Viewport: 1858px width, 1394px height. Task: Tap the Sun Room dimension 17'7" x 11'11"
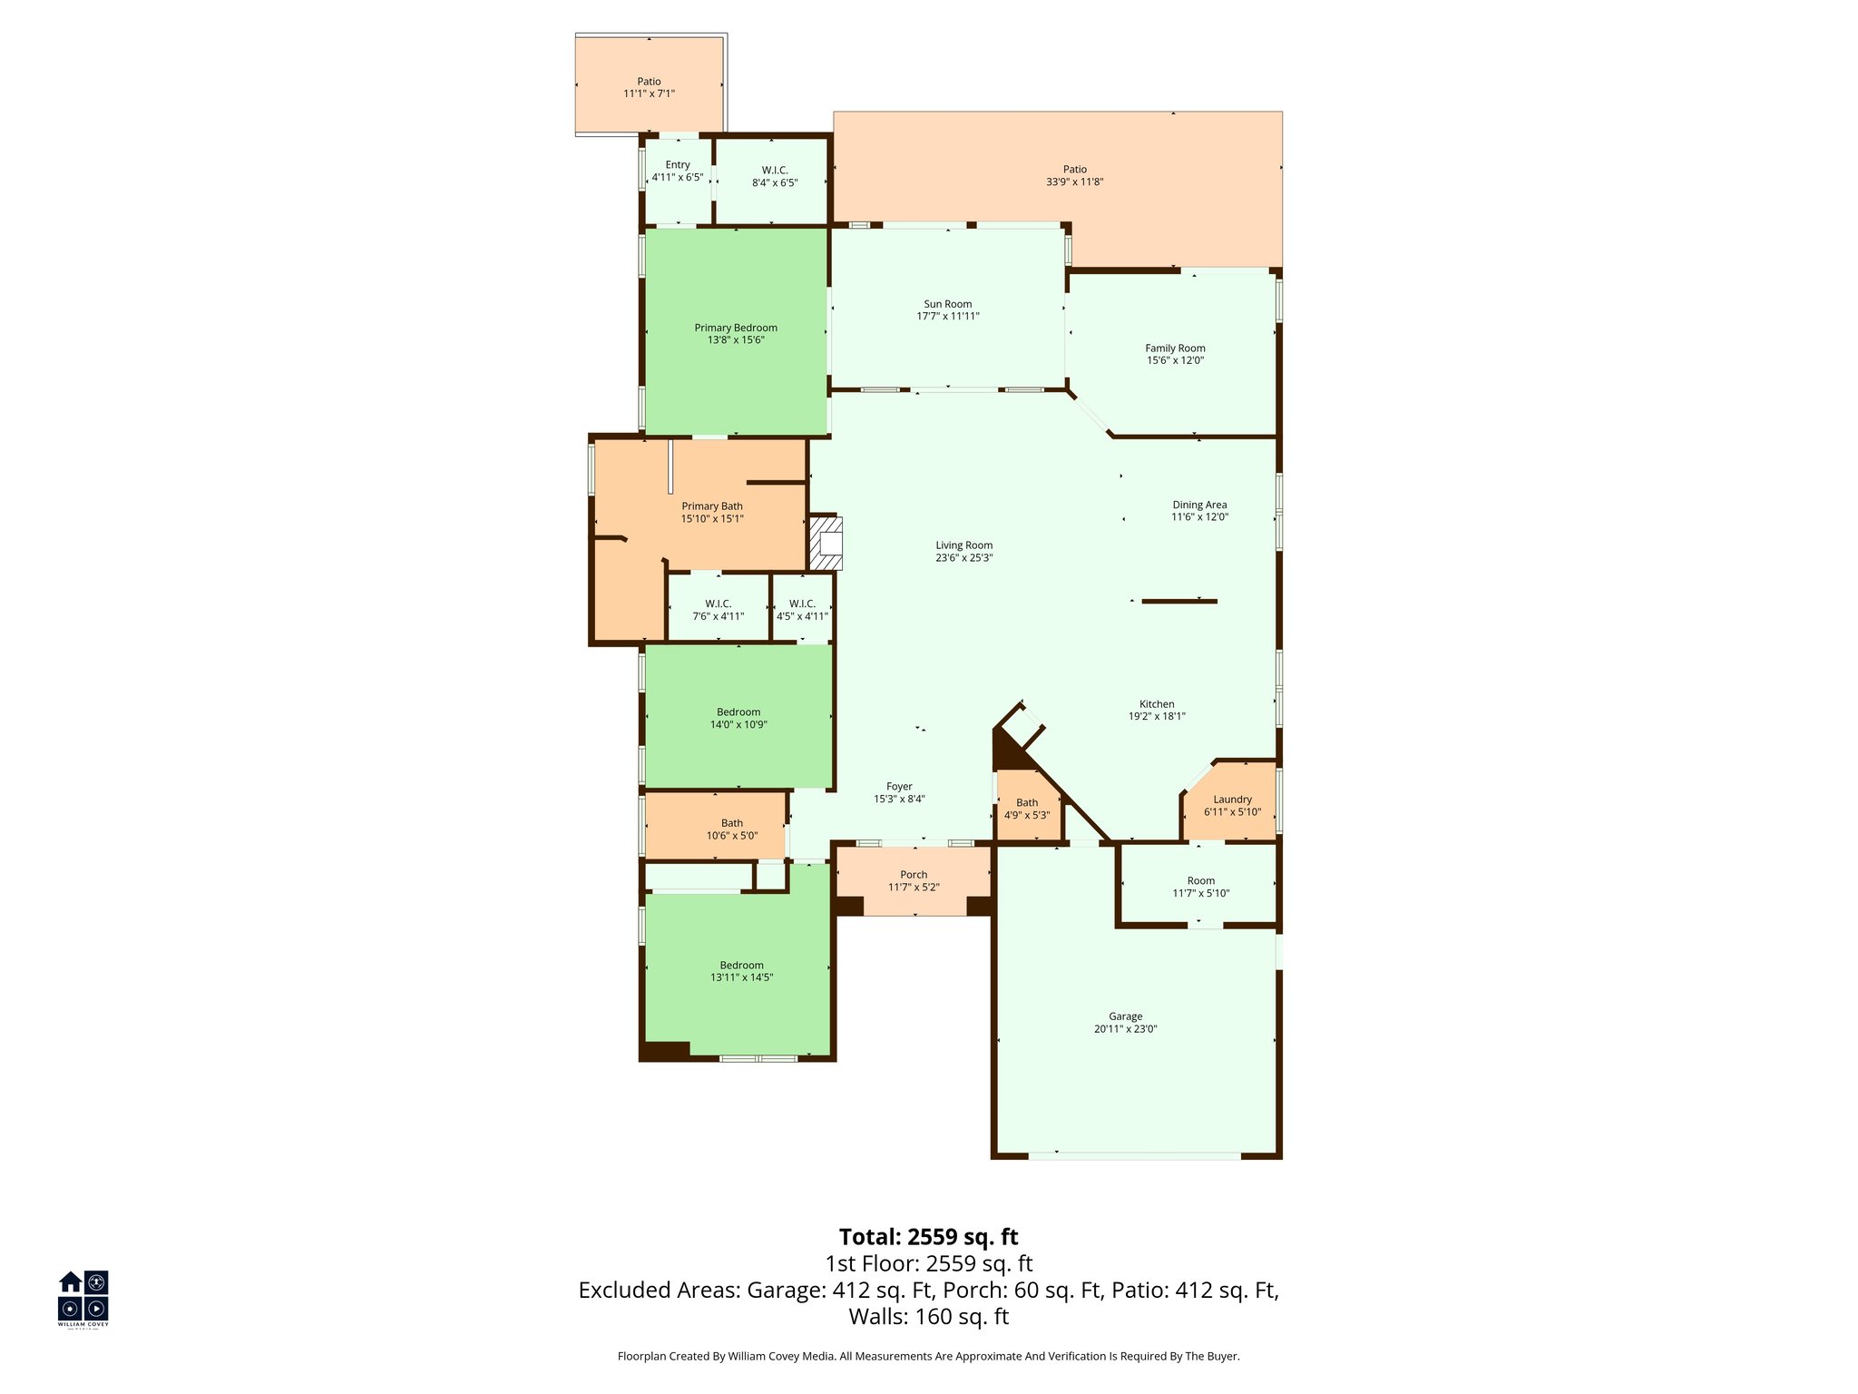pyautogui.click(x=948, y=317)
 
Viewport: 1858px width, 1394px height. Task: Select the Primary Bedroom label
pyautogui.click(x=736, y=328)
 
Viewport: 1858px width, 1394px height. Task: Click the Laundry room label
pyautogui.click(x=1232, y=800)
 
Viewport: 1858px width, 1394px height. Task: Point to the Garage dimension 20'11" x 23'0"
pyautogui.click(x=1125, y=1029)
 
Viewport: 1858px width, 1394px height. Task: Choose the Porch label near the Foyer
pyautogui.click(x=914, y=875)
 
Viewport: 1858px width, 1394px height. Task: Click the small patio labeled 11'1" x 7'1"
pyautogui.click(x=649, y=87)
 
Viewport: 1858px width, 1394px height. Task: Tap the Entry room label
pyautogui.click(x=677, y=165)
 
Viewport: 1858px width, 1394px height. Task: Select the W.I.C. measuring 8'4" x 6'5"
pyautogui.click(x=775, y=176)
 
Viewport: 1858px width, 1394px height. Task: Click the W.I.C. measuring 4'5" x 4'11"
pyautogui.click(x=802, y=610)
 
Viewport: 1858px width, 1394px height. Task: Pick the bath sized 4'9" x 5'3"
pyautogui.click(x=1027, y=809)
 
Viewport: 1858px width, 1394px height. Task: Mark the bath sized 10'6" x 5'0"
pyautogui.click(x=732, y=830)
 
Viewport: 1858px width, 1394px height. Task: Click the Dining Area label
pyautogui.click(x=1199, y=505)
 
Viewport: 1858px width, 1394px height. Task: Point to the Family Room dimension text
pyautogui.click(x=1175, y=360)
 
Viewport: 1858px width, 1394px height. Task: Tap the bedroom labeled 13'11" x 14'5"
pyautogui.click(x=741, y=971)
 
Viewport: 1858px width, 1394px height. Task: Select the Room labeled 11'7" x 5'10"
pyautogui.click(x=1200, y=887)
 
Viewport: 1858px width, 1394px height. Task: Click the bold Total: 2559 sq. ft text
pyautogui.click(x=928, y=1237)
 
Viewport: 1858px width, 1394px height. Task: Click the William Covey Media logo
pyautogui.click(x=83, y=1298)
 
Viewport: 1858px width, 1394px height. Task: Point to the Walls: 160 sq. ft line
pyautogui.click(x=928, y=1317)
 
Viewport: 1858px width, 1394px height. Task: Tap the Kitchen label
pyautogui.click(x=1157, y=704)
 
